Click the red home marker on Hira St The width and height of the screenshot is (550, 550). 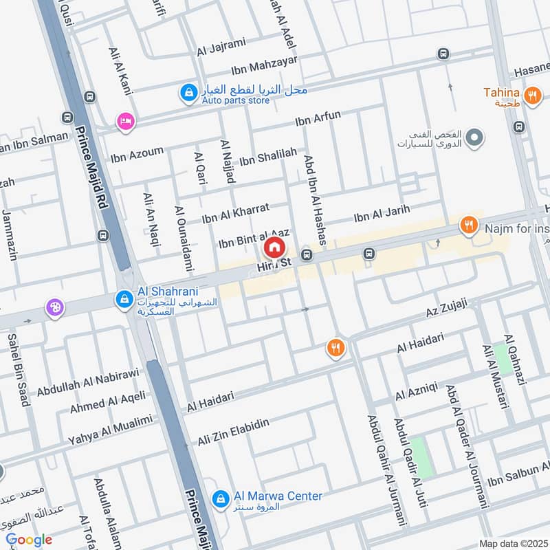[274, 247]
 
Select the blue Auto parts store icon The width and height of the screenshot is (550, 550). [188, 91]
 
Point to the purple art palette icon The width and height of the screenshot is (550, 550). [54, 308]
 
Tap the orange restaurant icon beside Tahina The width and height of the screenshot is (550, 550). [531, 97]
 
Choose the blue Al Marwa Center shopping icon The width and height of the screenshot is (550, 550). [220, 497]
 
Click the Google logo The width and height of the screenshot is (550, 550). [29, 540]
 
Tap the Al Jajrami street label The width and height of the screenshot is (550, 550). [221, 47]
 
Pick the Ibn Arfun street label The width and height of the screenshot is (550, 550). [318, 118]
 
